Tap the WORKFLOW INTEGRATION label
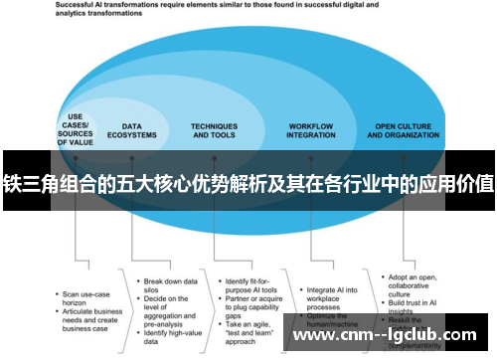pyautogui.click(x=310, y=130)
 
